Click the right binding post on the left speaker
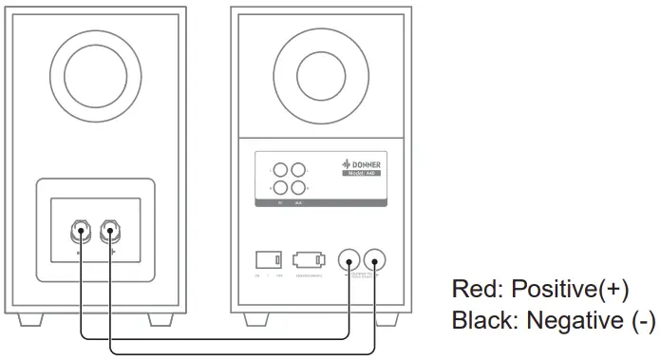click(x=111, y=231)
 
